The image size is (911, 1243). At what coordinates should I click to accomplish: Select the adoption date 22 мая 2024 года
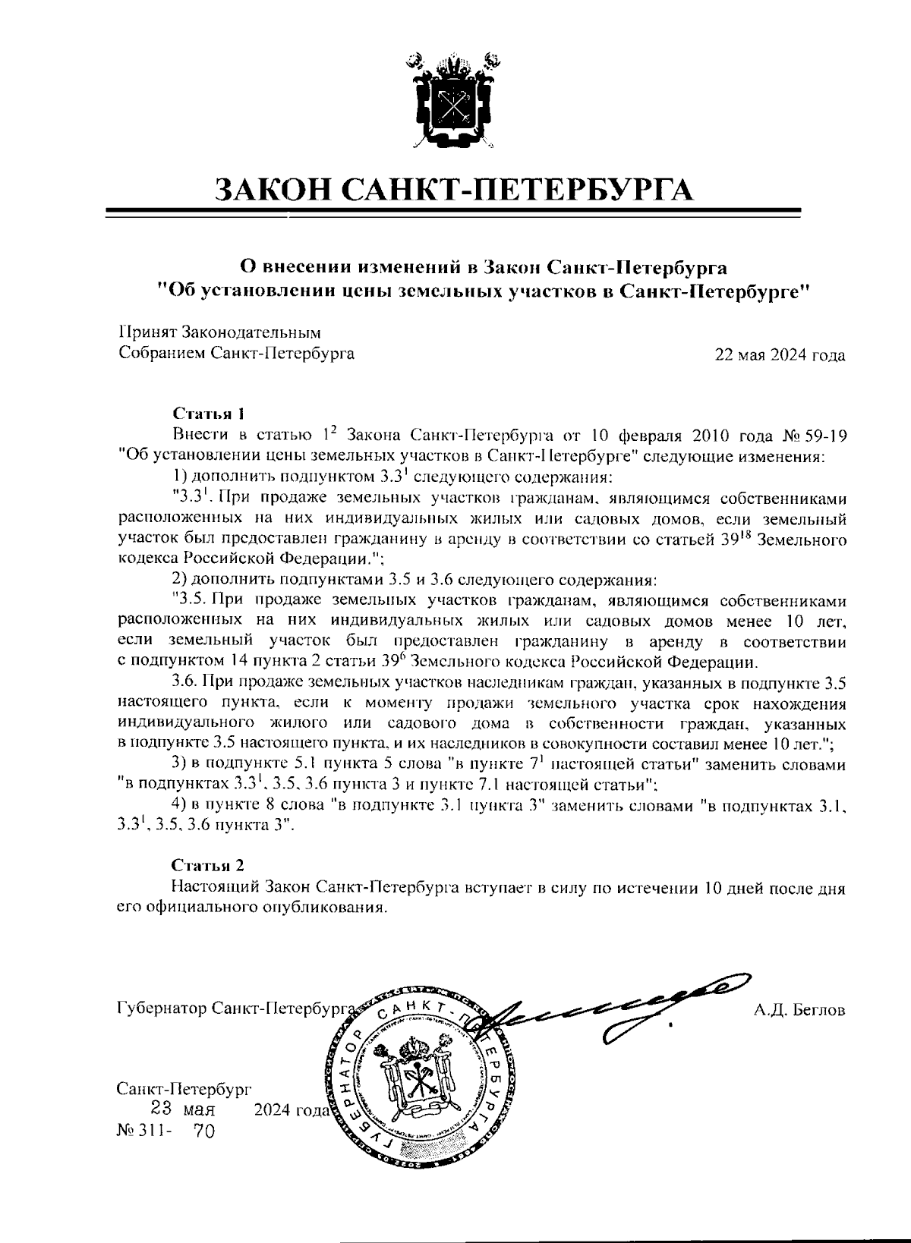point(780,354)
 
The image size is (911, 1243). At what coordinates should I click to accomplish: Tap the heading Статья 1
point(210,414)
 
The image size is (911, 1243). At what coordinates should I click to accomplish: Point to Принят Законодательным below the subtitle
point(220,332)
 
